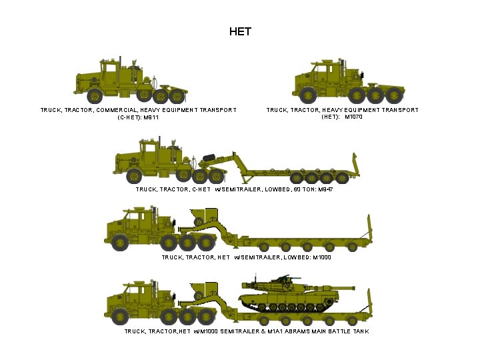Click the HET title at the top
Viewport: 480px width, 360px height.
coord(240,31)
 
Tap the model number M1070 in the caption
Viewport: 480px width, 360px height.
coord(353,117)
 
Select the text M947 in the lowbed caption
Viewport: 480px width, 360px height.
coord(325,190)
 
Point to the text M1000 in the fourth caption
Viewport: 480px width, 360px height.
coord(321,257)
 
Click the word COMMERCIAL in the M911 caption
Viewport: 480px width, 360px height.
coord(117,110)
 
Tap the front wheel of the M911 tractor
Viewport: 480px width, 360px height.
coord(92,95)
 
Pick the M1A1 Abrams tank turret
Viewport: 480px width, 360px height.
coord(273,287)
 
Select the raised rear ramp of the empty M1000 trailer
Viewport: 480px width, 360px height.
coord(368,227)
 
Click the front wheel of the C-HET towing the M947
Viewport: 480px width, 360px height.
coord(134,177)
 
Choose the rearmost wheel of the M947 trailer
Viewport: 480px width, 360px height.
coord(343,177)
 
